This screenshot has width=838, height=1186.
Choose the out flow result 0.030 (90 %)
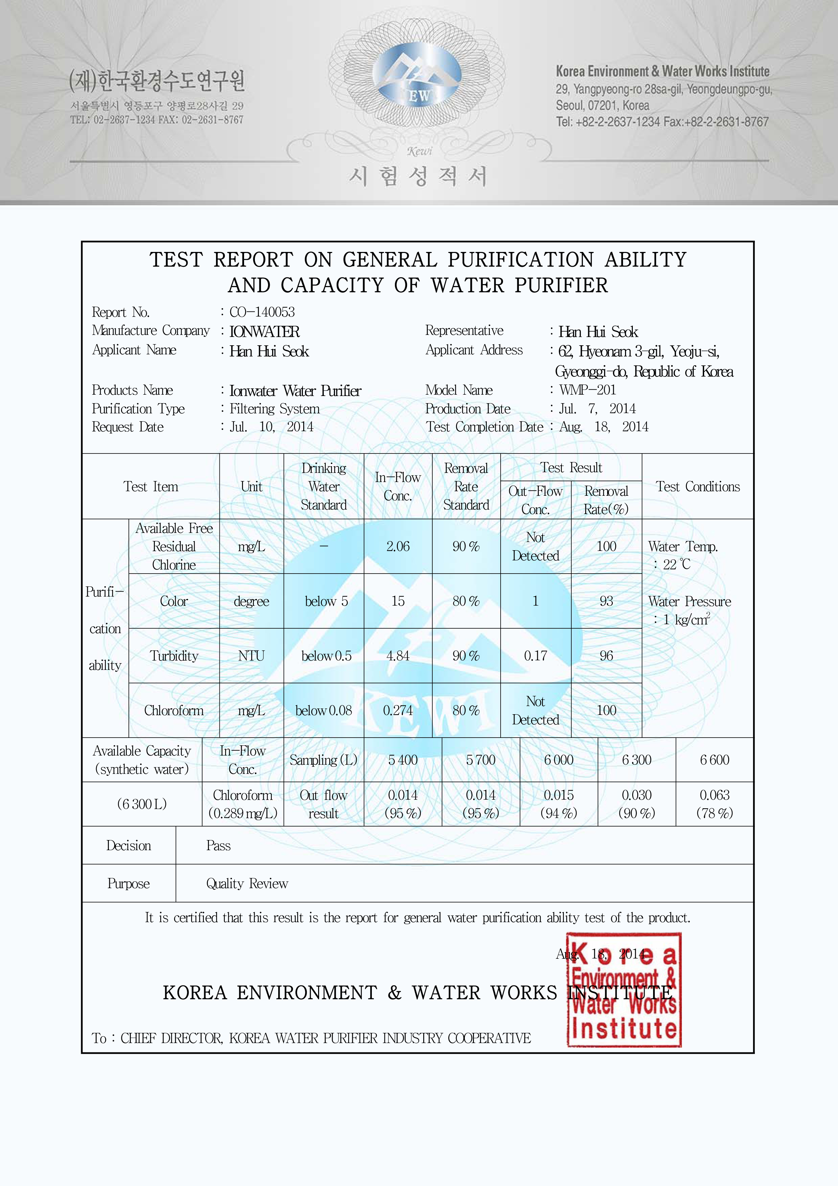tap(637, 804)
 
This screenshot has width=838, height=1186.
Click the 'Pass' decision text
tap(218, 845)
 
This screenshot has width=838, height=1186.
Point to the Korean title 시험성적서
tap(418, 176)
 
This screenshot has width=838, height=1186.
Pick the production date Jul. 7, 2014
tap(597, 409)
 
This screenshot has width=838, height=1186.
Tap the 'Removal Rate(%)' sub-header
tap(606, 500)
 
